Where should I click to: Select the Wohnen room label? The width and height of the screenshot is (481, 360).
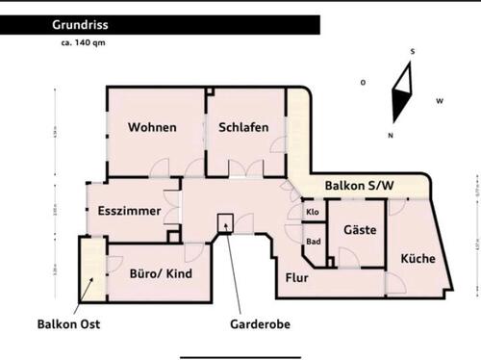tap(152, 127)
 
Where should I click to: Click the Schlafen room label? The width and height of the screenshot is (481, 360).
tap(243, 127)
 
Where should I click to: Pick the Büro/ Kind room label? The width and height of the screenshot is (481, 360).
tap(161, 273)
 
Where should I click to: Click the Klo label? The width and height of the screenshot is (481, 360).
tap(313, 212)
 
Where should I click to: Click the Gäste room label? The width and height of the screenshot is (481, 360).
tap(359, 230)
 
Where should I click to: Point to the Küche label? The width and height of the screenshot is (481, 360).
tap(418, 258)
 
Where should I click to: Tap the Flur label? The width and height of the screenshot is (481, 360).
tap(296, 279)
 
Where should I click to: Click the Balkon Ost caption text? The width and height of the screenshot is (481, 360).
tap(70, 324)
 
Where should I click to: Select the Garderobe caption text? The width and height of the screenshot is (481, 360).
tap(260, 324)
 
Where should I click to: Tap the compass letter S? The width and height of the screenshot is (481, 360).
tap(411, 50)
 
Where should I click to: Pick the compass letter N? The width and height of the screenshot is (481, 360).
tap(390, 135)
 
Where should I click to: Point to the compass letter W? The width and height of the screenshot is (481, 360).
tap(439, 100)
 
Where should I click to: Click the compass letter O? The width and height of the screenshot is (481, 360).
tap(363, 83)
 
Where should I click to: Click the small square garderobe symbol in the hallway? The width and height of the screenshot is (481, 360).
tap(226, 220)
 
